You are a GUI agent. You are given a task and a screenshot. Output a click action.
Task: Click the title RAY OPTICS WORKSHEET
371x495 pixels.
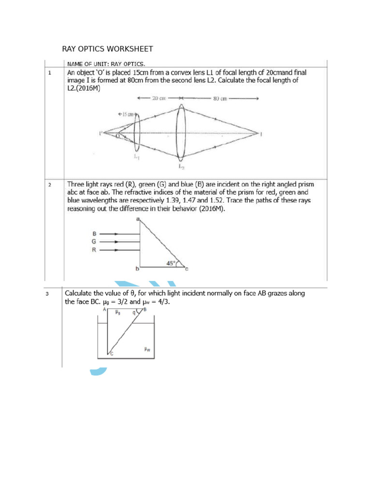click(x=108, y=49)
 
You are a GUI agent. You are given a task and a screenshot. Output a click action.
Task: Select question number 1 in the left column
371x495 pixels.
click(x=50, y=73)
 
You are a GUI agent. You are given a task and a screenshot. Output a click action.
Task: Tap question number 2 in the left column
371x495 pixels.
click(x=50, y=185)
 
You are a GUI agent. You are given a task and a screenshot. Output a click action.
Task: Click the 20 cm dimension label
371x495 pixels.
click(x=158, y=98)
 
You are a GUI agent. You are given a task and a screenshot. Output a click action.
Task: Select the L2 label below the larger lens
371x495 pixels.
click(x=181, y=167)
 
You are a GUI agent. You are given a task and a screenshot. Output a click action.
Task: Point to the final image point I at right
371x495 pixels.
click(x=261, y=133)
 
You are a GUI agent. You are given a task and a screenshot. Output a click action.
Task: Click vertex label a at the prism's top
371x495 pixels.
click(x=138, y=220)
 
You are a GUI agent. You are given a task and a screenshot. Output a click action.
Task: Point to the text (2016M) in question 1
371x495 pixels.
click(x=88, y=89)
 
